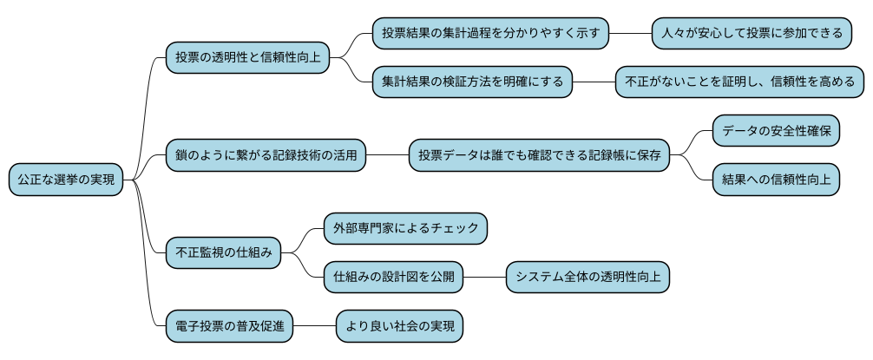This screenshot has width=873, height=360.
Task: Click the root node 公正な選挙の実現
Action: pos(65,180)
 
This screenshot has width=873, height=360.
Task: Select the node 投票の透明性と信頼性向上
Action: pos(247,57)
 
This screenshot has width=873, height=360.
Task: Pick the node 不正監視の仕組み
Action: pos(223,253)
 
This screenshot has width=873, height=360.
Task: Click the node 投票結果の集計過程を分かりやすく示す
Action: pos(490,33)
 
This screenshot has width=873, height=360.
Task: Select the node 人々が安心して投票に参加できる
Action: pos(752,33)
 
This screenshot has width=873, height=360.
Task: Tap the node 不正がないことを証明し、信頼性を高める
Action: pos(739,82)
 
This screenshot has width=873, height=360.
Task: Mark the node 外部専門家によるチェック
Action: pos(405,229)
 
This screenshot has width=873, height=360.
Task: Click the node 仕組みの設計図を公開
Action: pos(392,278)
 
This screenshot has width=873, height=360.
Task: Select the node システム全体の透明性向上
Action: pos(587,278)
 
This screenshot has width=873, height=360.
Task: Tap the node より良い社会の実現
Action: pos(399,327)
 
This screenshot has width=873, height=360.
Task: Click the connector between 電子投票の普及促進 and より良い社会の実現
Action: pos(314,327)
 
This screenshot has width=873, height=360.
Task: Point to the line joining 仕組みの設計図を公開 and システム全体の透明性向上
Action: pos(483,278)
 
